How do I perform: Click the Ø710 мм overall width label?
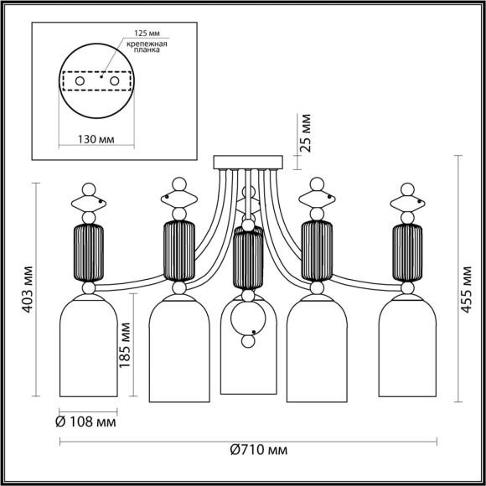click(257, 450)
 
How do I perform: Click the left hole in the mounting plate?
click(80, 80)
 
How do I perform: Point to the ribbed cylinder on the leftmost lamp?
click(89, 252)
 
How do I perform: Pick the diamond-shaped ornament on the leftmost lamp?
click(89, 202)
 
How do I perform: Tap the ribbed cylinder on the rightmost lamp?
click(407, 252)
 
